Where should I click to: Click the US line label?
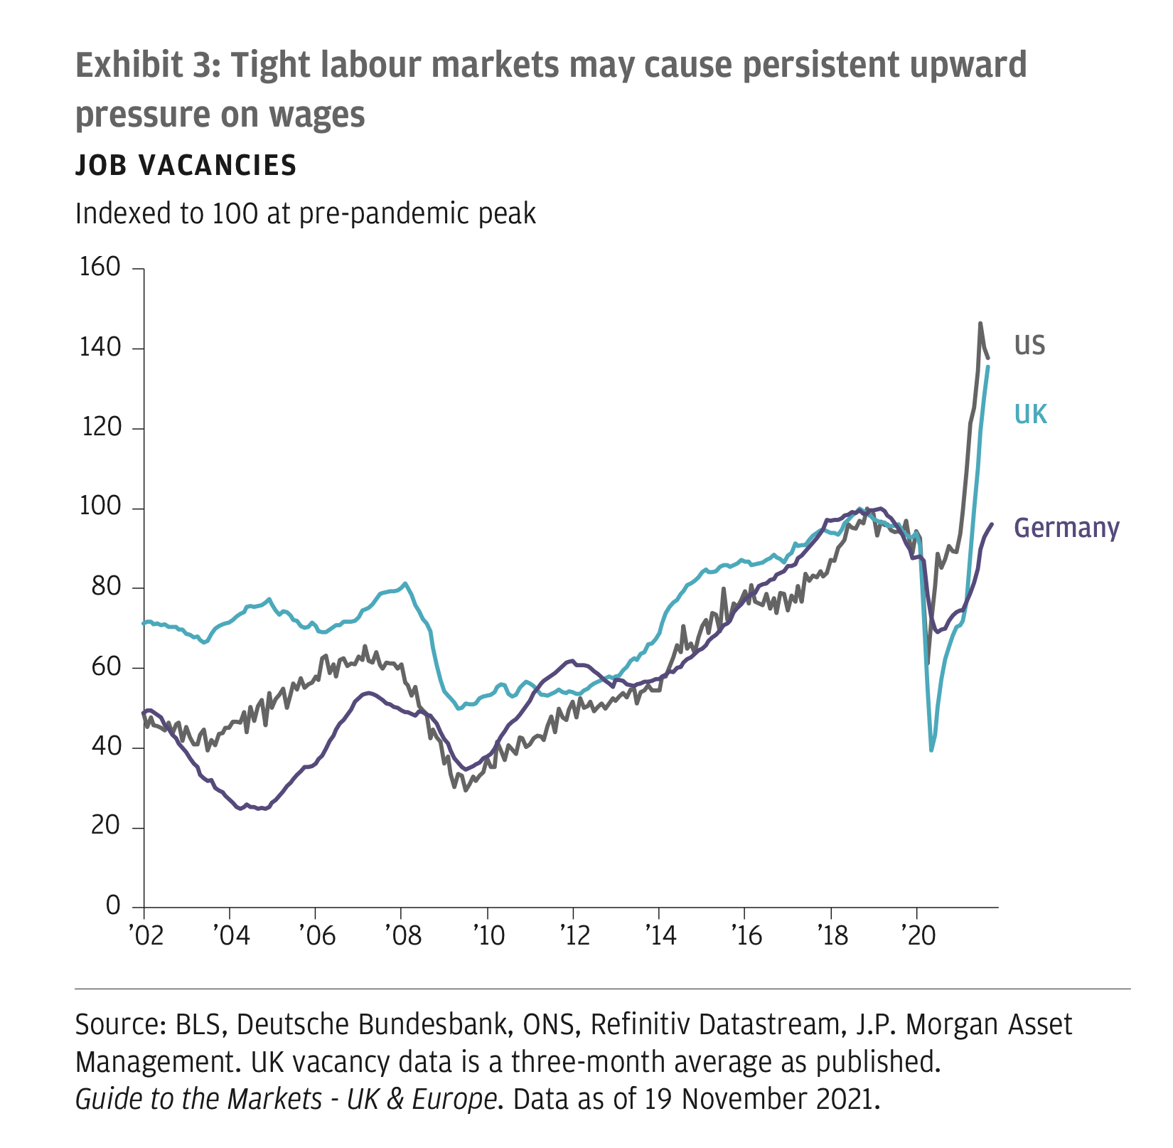(1029, 346)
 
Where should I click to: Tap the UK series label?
(1030, 414)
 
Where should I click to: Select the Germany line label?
(1066, 528)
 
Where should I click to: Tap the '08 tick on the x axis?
(401, 935)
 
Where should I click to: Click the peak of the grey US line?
(980, 323)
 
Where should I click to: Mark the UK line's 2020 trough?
(931, 750)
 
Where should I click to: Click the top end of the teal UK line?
(988, 367)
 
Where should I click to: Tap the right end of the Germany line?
(992, 524)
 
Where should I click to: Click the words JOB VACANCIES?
(186, 166)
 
